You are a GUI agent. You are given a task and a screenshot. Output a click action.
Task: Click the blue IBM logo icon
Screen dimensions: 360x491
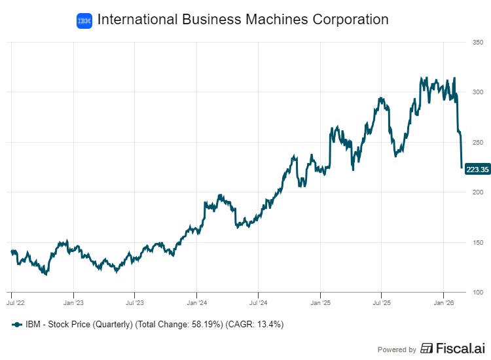pos(84,20)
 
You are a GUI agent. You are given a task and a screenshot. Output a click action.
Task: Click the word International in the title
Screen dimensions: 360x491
pos(136,20)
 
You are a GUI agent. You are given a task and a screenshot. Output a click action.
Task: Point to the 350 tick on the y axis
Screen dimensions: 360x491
pos(478,43)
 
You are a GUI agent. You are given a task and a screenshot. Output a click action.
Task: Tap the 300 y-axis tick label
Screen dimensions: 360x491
pos(478,92)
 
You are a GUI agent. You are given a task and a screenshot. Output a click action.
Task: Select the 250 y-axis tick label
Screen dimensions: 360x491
pos(478,143)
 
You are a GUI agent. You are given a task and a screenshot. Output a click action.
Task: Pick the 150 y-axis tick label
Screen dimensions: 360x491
pos(478,243)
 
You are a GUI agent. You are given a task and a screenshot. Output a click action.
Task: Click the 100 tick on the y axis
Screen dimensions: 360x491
pos(478,293)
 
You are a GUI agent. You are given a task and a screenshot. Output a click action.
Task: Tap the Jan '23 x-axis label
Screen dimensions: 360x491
pos(73,303)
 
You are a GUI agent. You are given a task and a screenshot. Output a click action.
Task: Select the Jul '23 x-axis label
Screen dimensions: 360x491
pos(135,303)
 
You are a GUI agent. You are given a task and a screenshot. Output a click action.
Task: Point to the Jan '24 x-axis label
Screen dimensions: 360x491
pos(197,303)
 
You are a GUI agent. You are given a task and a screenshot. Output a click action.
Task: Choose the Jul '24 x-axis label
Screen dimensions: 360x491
pos(259,303)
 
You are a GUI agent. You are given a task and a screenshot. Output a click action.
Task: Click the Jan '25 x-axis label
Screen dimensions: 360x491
pos(320,303)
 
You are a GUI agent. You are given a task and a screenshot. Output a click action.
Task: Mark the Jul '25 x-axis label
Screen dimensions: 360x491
pos(382,303)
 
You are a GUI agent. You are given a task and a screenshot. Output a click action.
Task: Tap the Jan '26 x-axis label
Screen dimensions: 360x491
pos(444,303)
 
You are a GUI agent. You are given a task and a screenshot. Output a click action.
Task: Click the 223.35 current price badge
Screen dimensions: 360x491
pos(477,170)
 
